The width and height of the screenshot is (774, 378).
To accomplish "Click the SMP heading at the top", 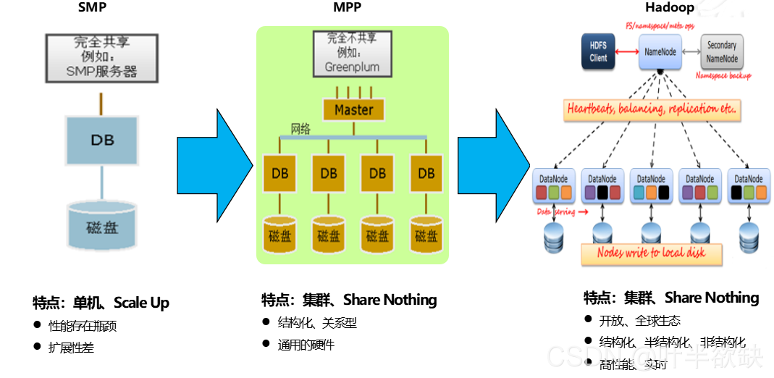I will click(x=92, y=7).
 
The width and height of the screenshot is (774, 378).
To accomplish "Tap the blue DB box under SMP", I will click(x=101, y=140).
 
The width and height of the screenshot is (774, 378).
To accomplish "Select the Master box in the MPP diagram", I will click(x=353, y=110).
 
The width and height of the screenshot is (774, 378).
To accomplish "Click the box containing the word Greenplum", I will click(x=352, y=53).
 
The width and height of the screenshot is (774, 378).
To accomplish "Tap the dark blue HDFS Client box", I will click(x=598, y=53).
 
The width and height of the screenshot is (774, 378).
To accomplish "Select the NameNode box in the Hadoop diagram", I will click(x=660, y=53).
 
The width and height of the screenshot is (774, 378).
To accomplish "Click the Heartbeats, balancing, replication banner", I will click(x=652, y=110).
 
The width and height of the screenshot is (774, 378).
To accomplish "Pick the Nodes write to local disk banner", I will click(x=652, y=253).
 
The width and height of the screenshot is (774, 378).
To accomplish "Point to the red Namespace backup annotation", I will click(x=723, y=76).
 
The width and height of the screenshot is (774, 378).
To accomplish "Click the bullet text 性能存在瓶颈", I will click(x=83, y=326).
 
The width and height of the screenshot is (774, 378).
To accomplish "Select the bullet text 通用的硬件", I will click(x=306, y=345).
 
